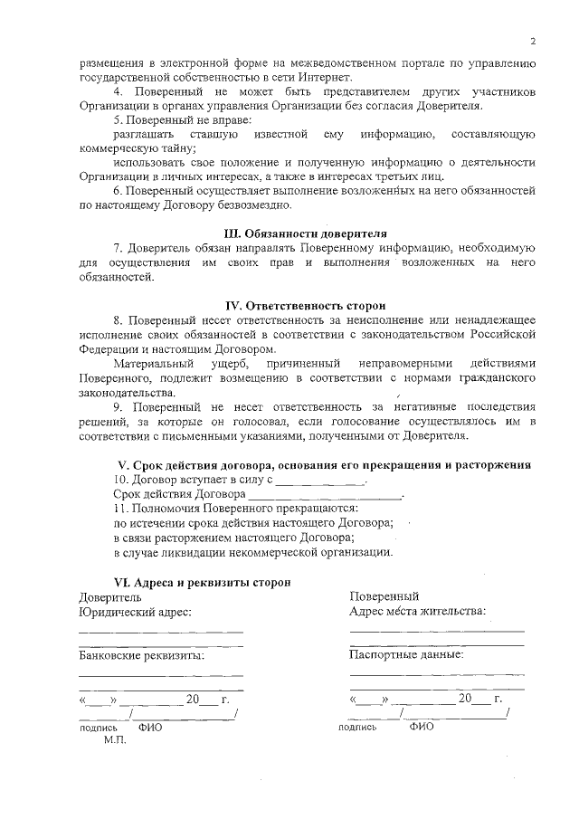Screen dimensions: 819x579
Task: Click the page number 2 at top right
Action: pos(533,42)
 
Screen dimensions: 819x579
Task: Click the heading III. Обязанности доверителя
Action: pos(307,232)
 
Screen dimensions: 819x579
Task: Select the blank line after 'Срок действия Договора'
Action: pos(324,496)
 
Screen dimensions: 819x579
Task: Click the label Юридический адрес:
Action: pos(135,612)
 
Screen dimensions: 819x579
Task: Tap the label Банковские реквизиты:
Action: pos(141,655)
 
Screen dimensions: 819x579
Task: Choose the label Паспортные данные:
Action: pos(406,653)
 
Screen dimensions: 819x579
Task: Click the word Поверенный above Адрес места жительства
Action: pos(384,596)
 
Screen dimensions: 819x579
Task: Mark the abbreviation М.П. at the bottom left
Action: pos(115,739)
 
